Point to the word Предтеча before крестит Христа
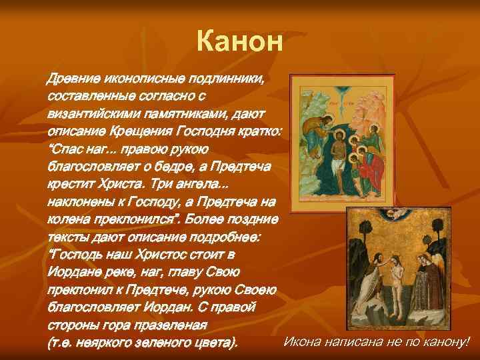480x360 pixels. coord(243,167)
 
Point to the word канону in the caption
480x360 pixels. coord(446,343)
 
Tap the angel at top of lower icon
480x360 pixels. coord(401,215)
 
